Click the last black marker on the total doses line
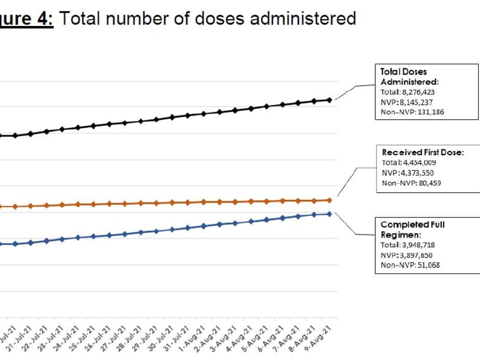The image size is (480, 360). tap(329, 100)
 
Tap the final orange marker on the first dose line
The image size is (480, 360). tap(329, 200)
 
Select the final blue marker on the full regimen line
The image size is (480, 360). tap(329, 214)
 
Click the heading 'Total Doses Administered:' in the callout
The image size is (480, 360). tap(409, 76)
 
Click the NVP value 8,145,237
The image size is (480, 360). tap(417, 101)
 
